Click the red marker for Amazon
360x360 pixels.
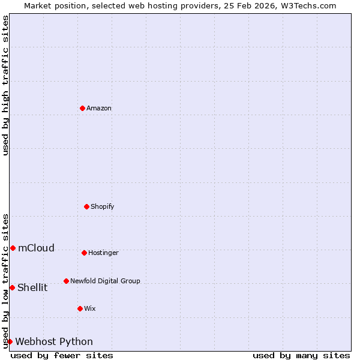click(82, 108)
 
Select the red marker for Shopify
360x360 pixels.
click(86, 206)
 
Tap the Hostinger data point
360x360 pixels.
click(84, 253)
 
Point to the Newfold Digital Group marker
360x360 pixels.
click(66, 281)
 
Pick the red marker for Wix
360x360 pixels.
click(80, 308)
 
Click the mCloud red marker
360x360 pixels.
click(13, 248)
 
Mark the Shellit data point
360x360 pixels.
click(12, 287)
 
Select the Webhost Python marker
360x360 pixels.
click(10, 341)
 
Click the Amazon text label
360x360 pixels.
click(99, 109)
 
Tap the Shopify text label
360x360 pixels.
click(103, 207)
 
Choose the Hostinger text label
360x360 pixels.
click(103, 253)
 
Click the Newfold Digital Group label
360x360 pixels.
click(105, 281)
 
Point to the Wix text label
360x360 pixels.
click(90, 309)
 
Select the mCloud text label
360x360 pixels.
click(36, 248)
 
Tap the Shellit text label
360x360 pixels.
click(32, 288)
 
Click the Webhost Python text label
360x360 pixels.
click(54, 342)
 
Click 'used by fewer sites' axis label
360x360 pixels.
click(62, 355)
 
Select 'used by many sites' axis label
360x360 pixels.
click(301, 355)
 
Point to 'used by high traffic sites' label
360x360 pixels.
click(5, 85)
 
